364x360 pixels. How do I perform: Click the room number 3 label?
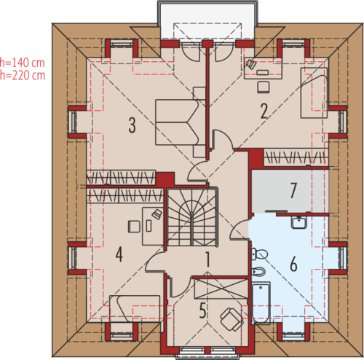click(132, 125)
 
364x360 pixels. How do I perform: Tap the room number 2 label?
click(264, 111)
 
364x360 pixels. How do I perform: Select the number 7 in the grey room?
click(293, 191)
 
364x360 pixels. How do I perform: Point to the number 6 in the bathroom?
click(293, 264)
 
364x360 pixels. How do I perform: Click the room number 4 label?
click(119, 254)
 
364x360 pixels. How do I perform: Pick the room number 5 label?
click(202, 310)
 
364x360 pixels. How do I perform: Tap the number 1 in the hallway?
click(207, 259)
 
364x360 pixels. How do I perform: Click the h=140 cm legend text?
click(23, 63)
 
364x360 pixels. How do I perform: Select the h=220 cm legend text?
click(23, 75)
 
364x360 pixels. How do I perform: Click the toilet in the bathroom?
click(259, 254)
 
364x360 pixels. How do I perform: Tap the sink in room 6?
click(299, 222)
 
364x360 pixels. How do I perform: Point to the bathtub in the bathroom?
click(261, 303)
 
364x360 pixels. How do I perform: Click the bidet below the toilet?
click(258, 272)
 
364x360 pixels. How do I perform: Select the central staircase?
click(192, 217)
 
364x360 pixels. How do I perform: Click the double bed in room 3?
click(180, 122)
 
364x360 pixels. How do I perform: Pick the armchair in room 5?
click(232, 319)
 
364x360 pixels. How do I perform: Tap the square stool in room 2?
click(264, 87)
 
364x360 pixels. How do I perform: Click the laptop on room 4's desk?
click(157, 214)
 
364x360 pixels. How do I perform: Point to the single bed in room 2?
click(314, 93)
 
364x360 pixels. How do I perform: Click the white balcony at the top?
click(207, 20)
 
